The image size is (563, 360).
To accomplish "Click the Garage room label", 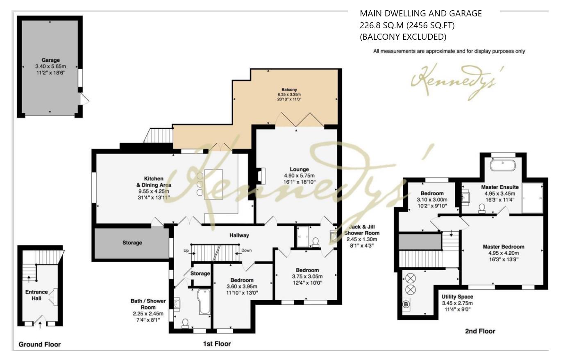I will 50,60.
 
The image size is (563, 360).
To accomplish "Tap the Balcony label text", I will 289,90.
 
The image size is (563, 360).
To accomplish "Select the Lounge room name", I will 299,169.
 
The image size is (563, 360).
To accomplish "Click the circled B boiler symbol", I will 406,305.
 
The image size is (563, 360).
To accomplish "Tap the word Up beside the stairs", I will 186,251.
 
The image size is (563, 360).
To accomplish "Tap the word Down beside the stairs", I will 247,251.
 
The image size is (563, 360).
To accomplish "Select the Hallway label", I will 239,235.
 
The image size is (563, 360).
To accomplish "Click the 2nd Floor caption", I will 480,331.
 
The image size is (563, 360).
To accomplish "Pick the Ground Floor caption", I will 39,344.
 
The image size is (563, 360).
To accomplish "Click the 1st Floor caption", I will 217,344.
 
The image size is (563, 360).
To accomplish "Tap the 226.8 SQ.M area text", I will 407,25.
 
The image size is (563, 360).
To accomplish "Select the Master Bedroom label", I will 503,247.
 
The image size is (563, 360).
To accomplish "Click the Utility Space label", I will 457,297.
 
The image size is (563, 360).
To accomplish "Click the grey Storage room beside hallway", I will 132,243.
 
